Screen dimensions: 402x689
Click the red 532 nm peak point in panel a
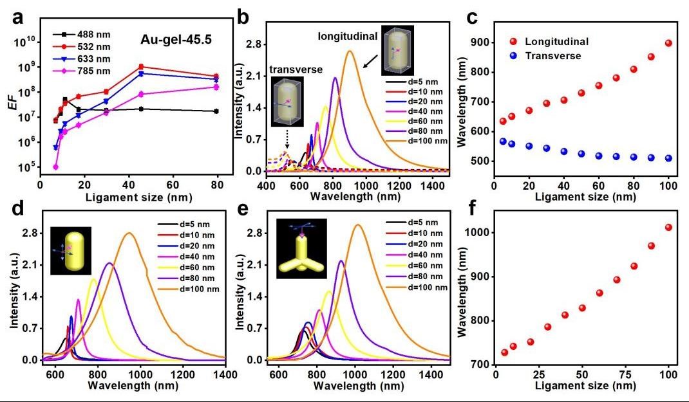click(141, 66)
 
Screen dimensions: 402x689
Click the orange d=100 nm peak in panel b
click(349, 51)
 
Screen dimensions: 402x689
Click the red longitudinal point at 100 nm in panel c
click(668, 43)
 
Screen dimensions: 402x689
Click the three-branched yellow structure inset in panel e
click(301, 248)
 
